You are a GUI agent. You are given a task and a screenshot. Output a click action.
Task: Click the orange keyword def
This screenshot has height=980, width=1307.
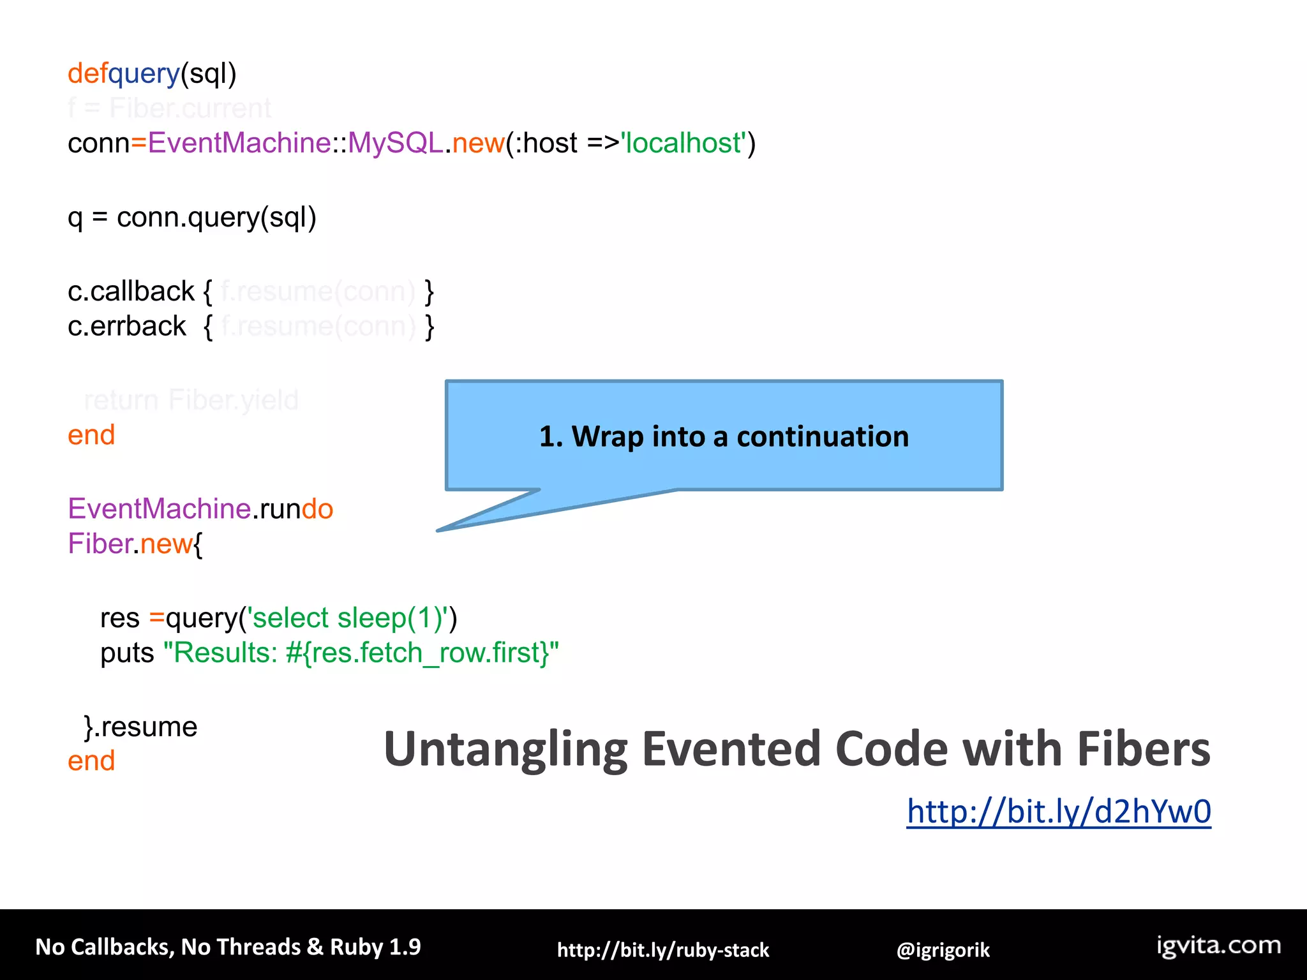tap(87, 73)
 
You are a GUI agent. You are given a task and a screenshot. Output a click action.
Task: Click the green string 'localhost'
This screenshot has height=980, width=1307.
tap(684, 143)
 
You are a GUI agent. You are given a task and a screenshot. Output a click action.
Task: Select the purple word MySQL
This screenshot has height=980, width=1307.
tap(395, 143)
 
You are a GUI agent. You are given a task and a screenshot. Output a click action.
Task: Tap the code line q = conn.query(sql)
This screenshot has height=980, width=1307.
tap(191, 218)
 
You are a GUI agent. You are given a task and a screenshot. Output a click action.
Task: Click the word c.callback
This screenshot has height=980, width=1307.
tap(131, 292)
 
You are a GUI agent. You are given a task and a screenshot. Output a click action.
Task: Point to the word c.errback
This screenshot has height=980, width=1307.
tap(126, 327)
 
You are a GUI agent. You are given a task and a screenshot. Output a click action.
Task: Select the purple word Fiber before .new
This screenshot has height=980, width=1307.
tap(100, 544)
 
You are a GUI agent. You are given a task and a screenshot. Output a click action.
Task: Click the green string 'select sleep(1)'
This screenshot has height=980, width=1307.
tap(351, 618)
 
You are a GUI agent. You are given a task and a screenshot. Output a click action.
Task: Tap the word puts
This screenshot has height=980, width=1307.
tap(127, 653)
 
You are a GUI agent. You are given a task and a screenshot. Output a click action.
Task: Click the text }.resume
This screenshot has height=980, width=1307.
tap(140, 727)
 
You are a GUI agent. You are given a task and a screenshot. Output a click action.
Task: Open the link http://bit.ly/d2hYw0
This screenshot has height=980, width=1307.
tap(1058, 812)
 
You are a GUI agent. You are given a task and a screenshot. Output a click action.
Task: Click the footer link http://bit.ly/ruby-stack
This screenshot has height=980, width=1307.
tap(662, 950)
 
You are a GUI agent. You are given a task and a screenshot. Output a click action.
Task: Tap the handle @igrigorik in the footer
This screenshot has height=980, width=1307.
tap(943, 950)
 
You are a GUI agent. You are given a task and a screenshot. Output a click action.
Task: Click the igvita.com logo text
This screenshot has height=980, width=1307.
tap(1218, 946)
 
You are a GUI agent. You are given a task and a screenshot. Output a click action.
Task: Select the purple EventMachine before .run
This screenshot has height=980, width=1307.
tap(159, 509)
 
